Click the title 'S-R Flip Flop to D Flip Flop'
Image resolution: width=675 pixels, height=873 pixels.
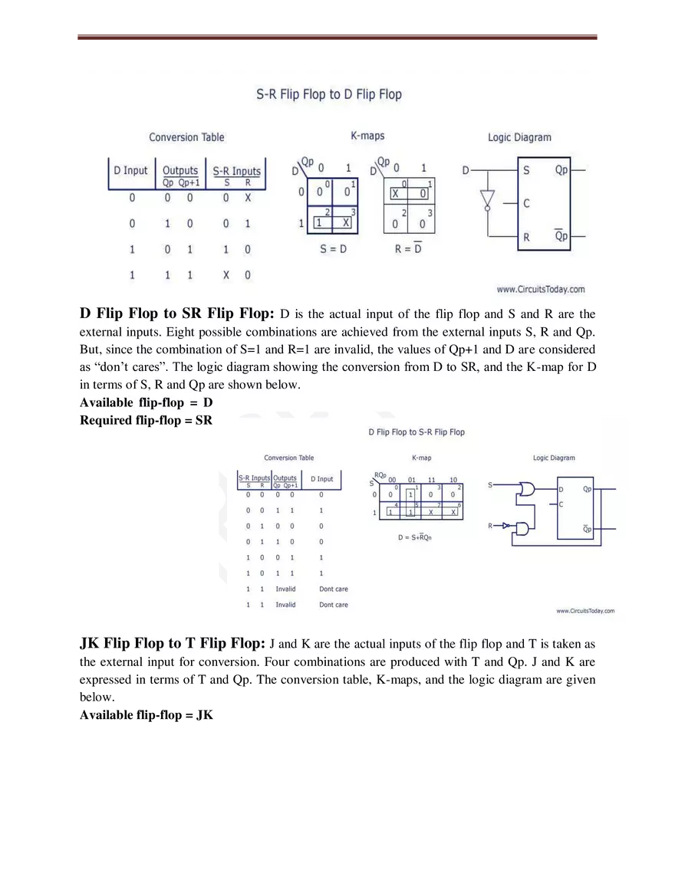[x=328, y=95]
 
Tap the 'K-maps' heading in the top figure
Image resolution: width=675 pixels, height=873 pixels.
[x=367, y=136]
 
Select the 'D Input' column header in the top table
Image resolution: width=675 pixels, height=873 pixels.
[x=130, y=170]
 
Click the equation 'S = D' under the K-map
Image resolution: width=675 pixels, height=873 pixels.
[x=333, y=249]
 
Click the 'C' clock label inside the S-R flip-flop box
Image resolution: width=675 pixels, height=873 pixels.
[x=526, y=204]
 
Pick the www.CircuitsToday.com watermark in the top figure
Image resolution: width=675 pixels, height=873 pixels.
[x=540, y=289]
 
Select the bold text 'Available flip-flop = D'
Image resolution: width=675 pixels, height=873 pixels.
[x=146, y=402]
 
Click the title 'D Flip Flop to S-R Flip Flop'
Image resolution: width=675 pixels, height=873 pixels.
[x=417, y=432]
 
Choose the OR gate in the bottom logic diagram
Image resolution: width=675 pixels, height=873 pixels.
[x=527, y=489]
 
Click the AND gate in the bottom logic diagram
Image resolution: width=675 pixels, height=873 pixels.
[x=523, y=528]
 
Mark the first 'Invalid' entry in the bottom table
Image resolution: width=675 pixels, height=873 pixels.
[x=285, y=589]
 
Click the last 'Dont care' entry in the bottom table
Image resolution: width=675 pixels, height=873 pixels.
[x=333, y=605]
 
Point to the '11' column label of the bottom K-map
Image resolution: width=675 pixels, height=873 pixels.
[x=432, y=480]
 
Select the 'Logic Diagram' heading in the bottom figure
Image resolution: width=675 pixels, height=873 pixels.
[x=554, y=458]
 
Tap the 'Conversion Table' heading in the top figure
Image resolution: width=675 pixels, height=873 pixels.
[x=186, y=137]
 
